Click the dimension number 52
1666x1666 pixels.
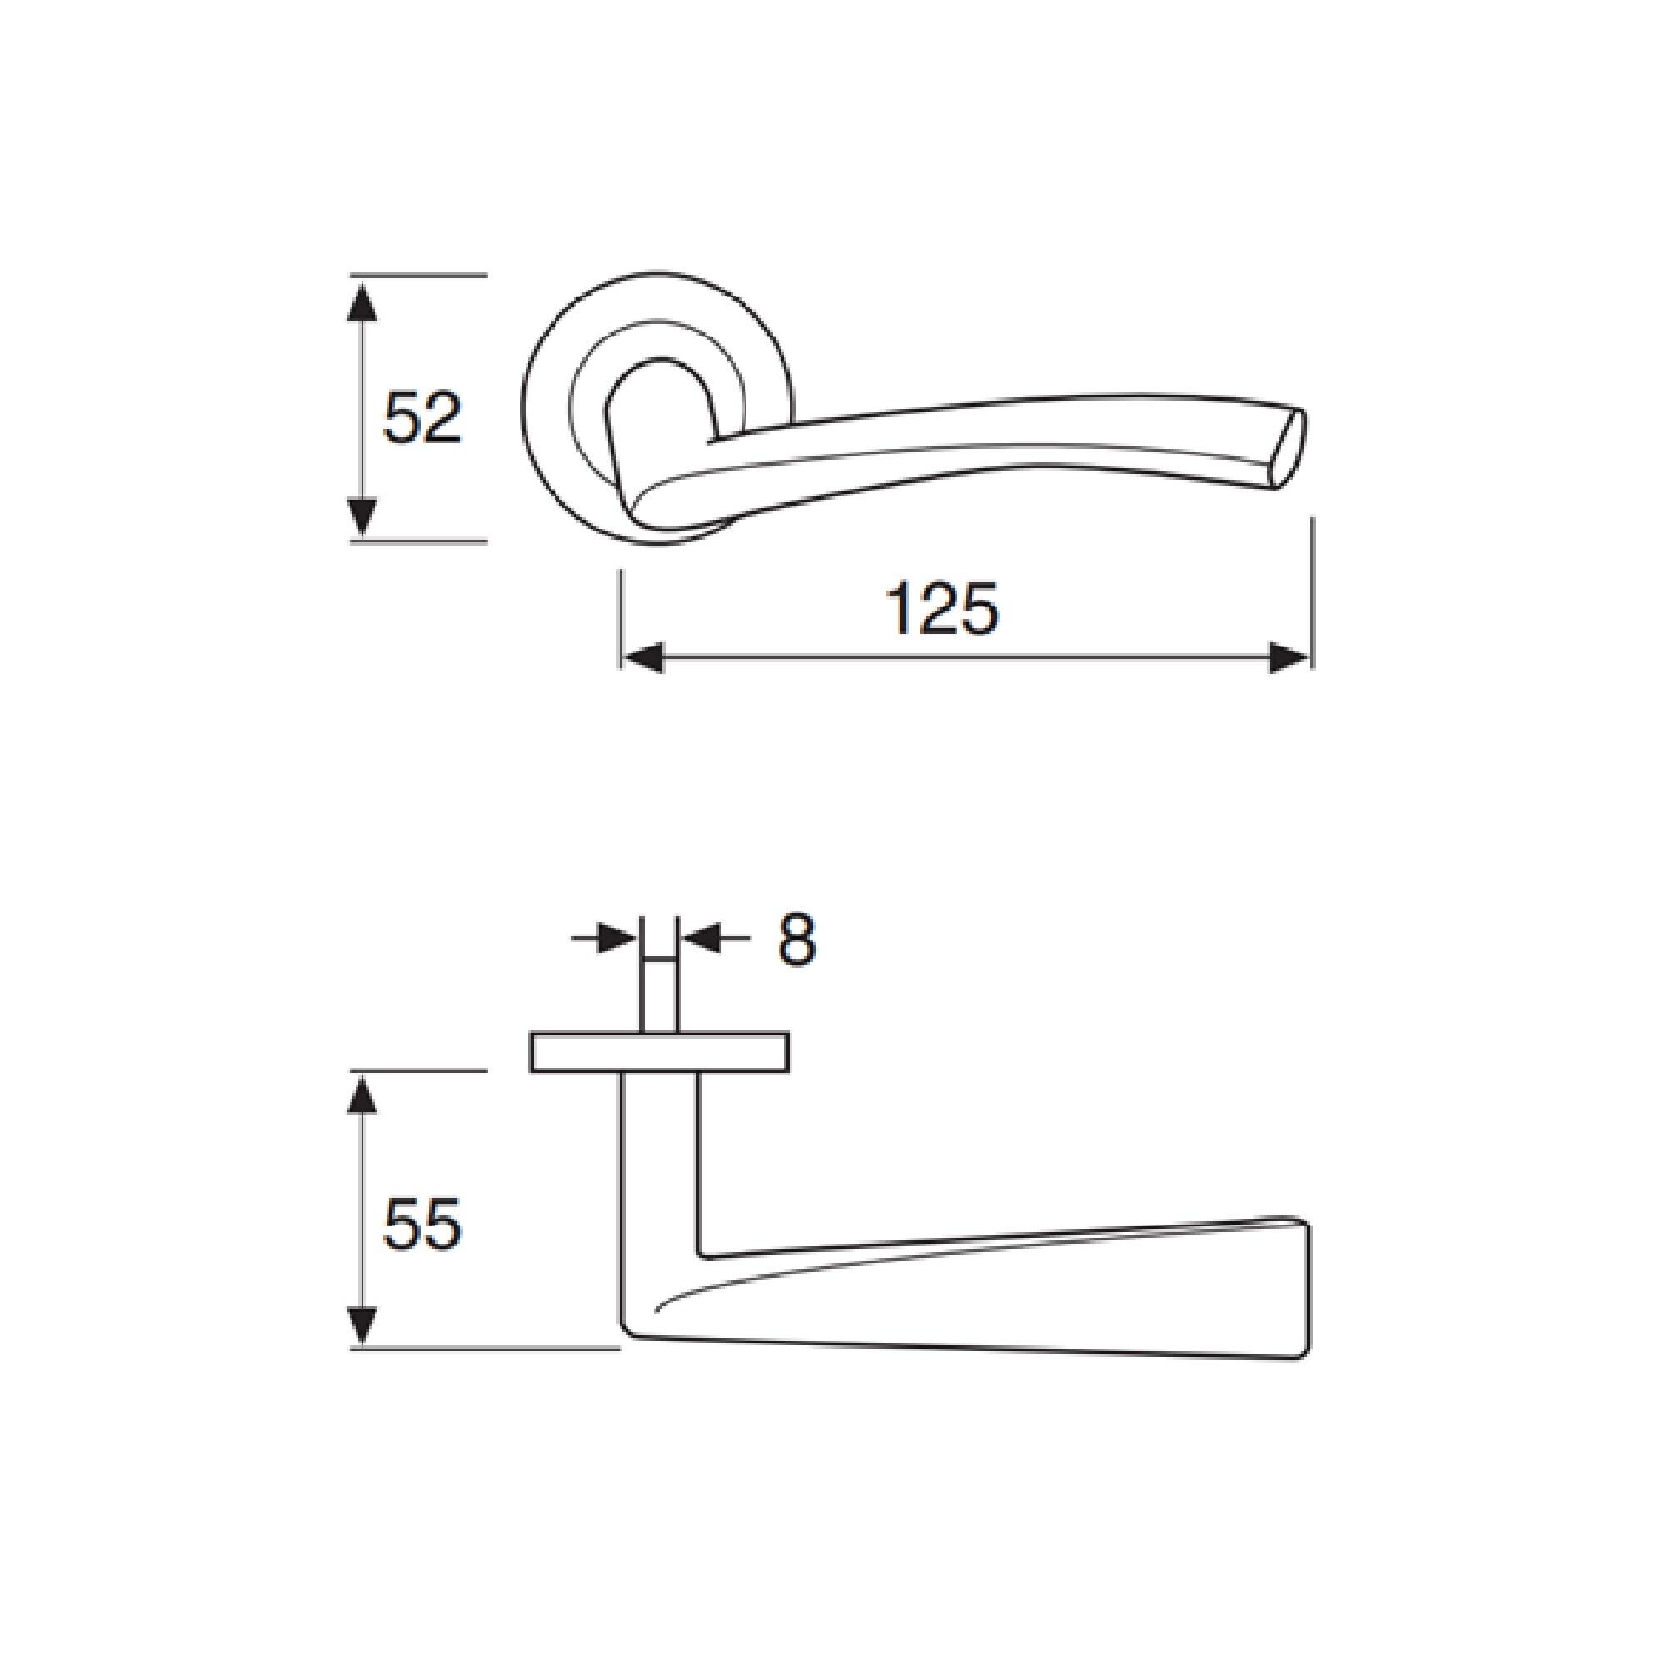point(421,417)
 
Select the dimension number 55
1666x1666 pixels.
point(422,1225)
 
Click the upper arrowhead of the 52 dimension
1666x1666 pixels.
point(363,302)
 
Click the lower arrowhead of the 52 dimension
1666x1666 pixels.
point(363,516)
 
